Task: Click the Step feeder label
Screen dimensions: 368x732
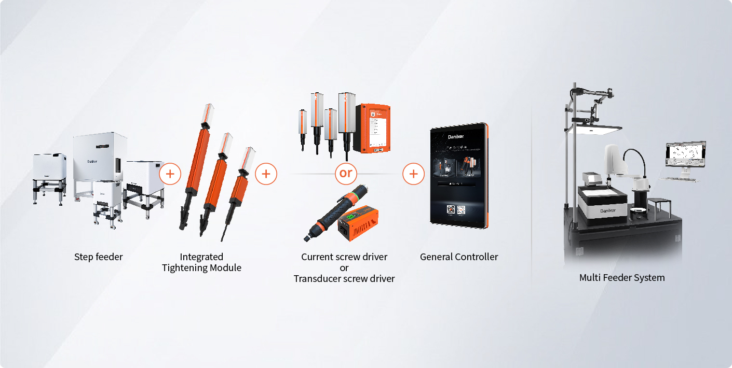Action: pos(98,257)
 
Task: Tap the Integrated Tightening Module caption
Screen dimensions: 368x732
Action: pos(201,262)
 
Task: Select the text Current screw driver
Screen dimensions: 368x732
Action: pos(344,257)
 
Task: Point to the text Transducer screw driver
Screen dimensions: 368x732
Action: pos(344,279)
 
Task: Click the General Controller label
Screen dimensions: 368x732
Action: pos(459,257)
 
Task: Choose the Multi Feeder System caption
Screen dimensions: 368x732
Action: pos(622,277)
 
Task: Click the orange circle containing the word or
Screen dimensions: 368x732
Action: pos(346,174)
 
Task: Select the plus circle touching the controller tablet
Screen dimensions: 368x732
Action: pos(413,174)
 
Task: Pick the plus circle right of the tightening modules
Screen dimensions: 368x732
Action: pos(266,174)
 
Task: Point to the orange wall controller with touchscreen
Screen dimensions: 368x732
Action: pos(372,129)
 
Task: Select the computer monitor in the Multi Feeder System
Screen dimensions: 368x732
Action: pos(685,155)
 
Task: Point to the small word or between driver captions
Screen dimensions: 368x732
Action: pos(344,268)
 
